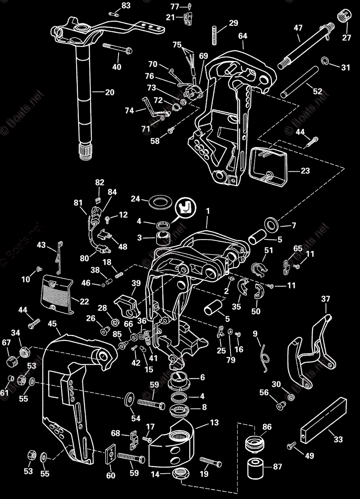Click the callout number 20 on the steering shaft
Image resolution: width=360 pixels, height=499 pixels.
109,92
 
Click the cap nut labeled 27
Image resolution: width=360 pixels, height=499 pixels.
343,16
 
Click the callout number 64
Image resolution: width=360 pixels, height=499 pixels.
243,36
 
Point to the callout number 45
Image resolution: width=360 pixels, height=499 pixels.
52,323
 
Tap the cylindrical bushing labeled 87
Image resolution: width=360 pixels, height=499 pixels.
257,469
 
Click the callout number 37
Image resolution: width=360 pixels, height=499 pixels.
325,299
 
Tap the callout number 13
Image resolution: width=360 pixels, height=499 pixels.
214,423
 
